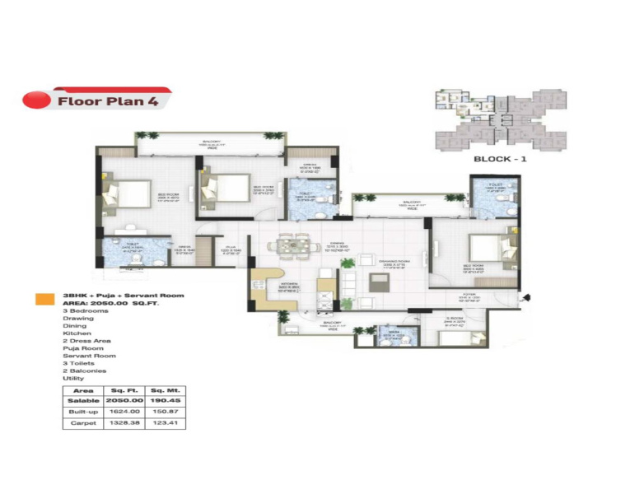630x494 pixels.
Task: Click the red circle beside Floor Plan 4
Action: click(x=35, y=101)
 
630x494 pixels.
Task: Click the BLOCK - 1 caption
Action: click(x=500, y=158)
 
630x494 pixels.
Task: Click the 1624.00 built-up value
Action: click(x=124, y=412)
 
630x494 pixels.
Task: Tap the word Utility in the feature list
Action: click(x=73, y=379)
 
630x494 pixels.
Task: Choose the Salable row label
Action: click(x=83, y=401)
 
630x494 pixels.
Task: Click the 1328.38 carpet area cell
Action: click(x=124, y=422)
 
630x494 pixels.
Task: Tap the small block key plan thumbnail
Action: click(x=499, y=119)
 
